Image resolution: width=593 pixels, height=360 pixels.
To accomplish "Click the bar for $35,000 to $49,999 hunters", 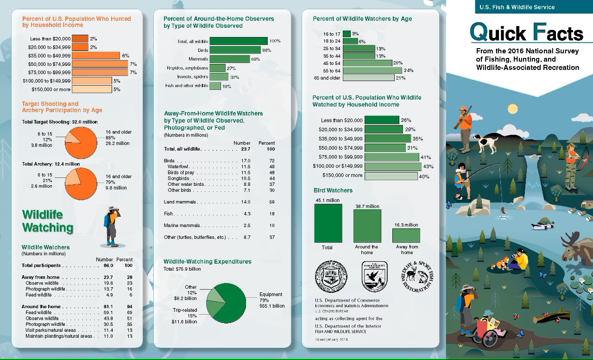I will tap(96, 55).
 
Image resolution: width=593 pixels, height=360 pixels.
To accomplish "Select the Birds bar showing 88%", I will tap(235, 50).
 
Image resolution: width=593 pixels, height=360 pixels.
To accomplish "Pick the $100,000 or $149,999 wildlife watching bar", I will tap(393, 166).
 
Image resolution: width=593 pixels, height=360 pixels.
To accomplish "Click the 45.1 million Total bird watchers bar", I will tap(328, 223).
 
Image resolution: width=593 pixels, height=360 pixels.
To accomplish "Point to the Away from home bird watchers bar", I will tap(406, 235).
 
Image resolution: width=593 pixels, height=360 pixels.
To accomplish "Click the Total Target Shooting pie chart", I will tap(81, 143).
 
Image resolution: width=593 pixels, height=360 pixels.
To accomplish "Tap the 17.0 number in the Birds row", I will tap(246, 161).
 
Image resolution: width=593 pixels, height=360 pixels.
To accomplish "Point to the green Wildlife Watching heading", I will tap(48, 221).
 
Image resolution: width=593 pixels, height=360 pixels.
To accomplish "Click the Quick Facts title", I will tap(526, 33).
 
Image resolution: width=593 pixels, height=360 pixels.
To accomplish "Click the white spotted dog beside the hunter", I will tap(484, 141).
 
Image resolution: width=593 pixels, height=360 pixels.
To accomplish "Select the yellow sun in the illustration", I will tap(512, 109).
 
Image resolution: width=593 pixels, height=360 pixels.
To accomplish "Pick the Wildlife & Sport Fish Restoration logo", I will tap(415, 277).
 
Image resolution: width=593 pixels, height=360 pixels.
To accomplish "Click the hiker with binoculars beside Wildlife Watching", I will tap(111, 227).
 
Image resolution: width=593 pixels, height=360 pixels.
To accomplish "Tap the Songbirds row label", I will tap(179, 178).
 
